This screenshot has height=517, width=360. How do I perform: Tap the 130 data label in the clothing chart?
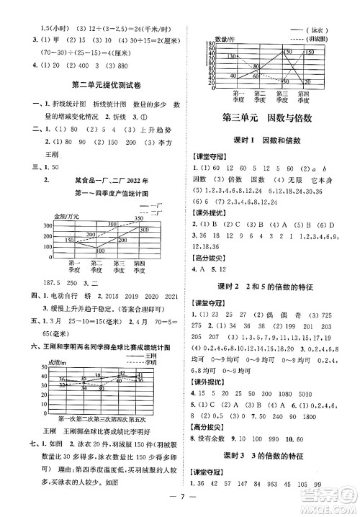coord(230,55)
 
